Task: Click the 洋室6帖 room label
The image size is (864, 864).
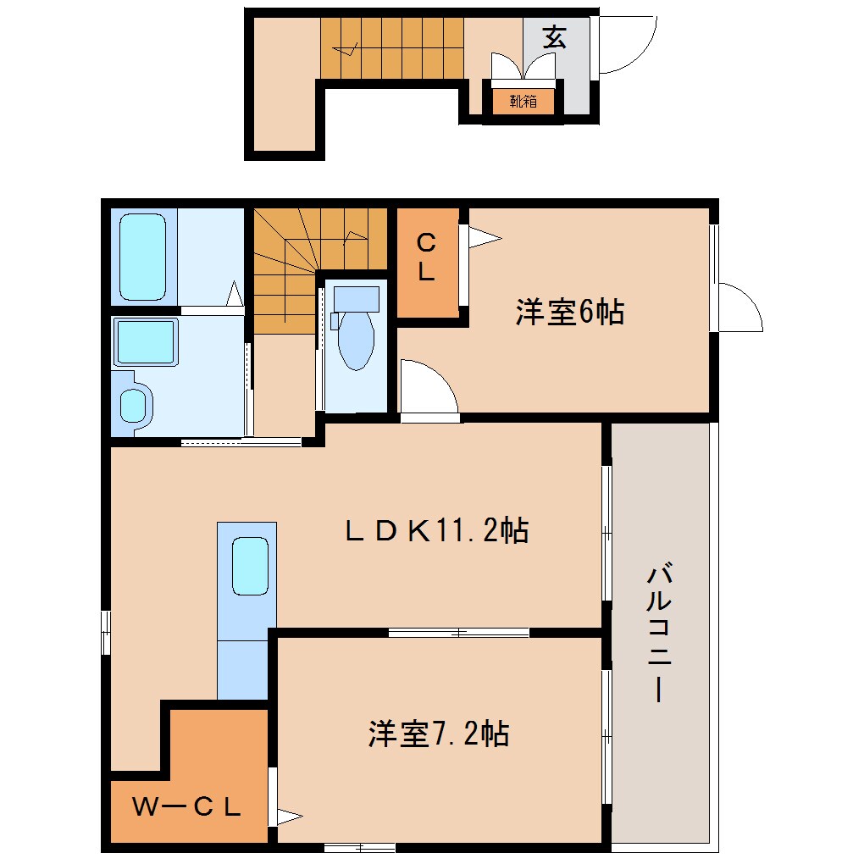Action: [569, 313]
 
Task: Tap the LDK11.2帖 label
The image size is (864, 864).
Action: [436, 531]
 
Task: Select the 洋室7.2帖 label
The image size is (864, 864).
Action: [438, 733]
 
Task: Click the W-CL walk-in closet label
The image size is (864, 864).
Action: [187, 806]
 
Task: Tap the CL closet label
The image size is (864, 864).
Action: [427, 259]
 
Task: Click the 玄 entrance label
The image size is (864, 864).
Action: [555, 38]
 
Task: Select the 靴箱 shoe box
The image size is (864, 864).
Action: [523, 102]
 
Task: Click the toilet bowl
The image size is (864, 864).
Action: [356, 340]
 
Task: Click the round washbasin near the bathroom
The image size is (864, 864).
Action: [133, 406]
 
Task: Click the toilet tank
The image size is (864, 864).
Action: [356, 298]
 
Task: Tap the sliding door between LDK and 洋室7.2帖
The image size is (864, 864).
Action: [458, 632]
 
